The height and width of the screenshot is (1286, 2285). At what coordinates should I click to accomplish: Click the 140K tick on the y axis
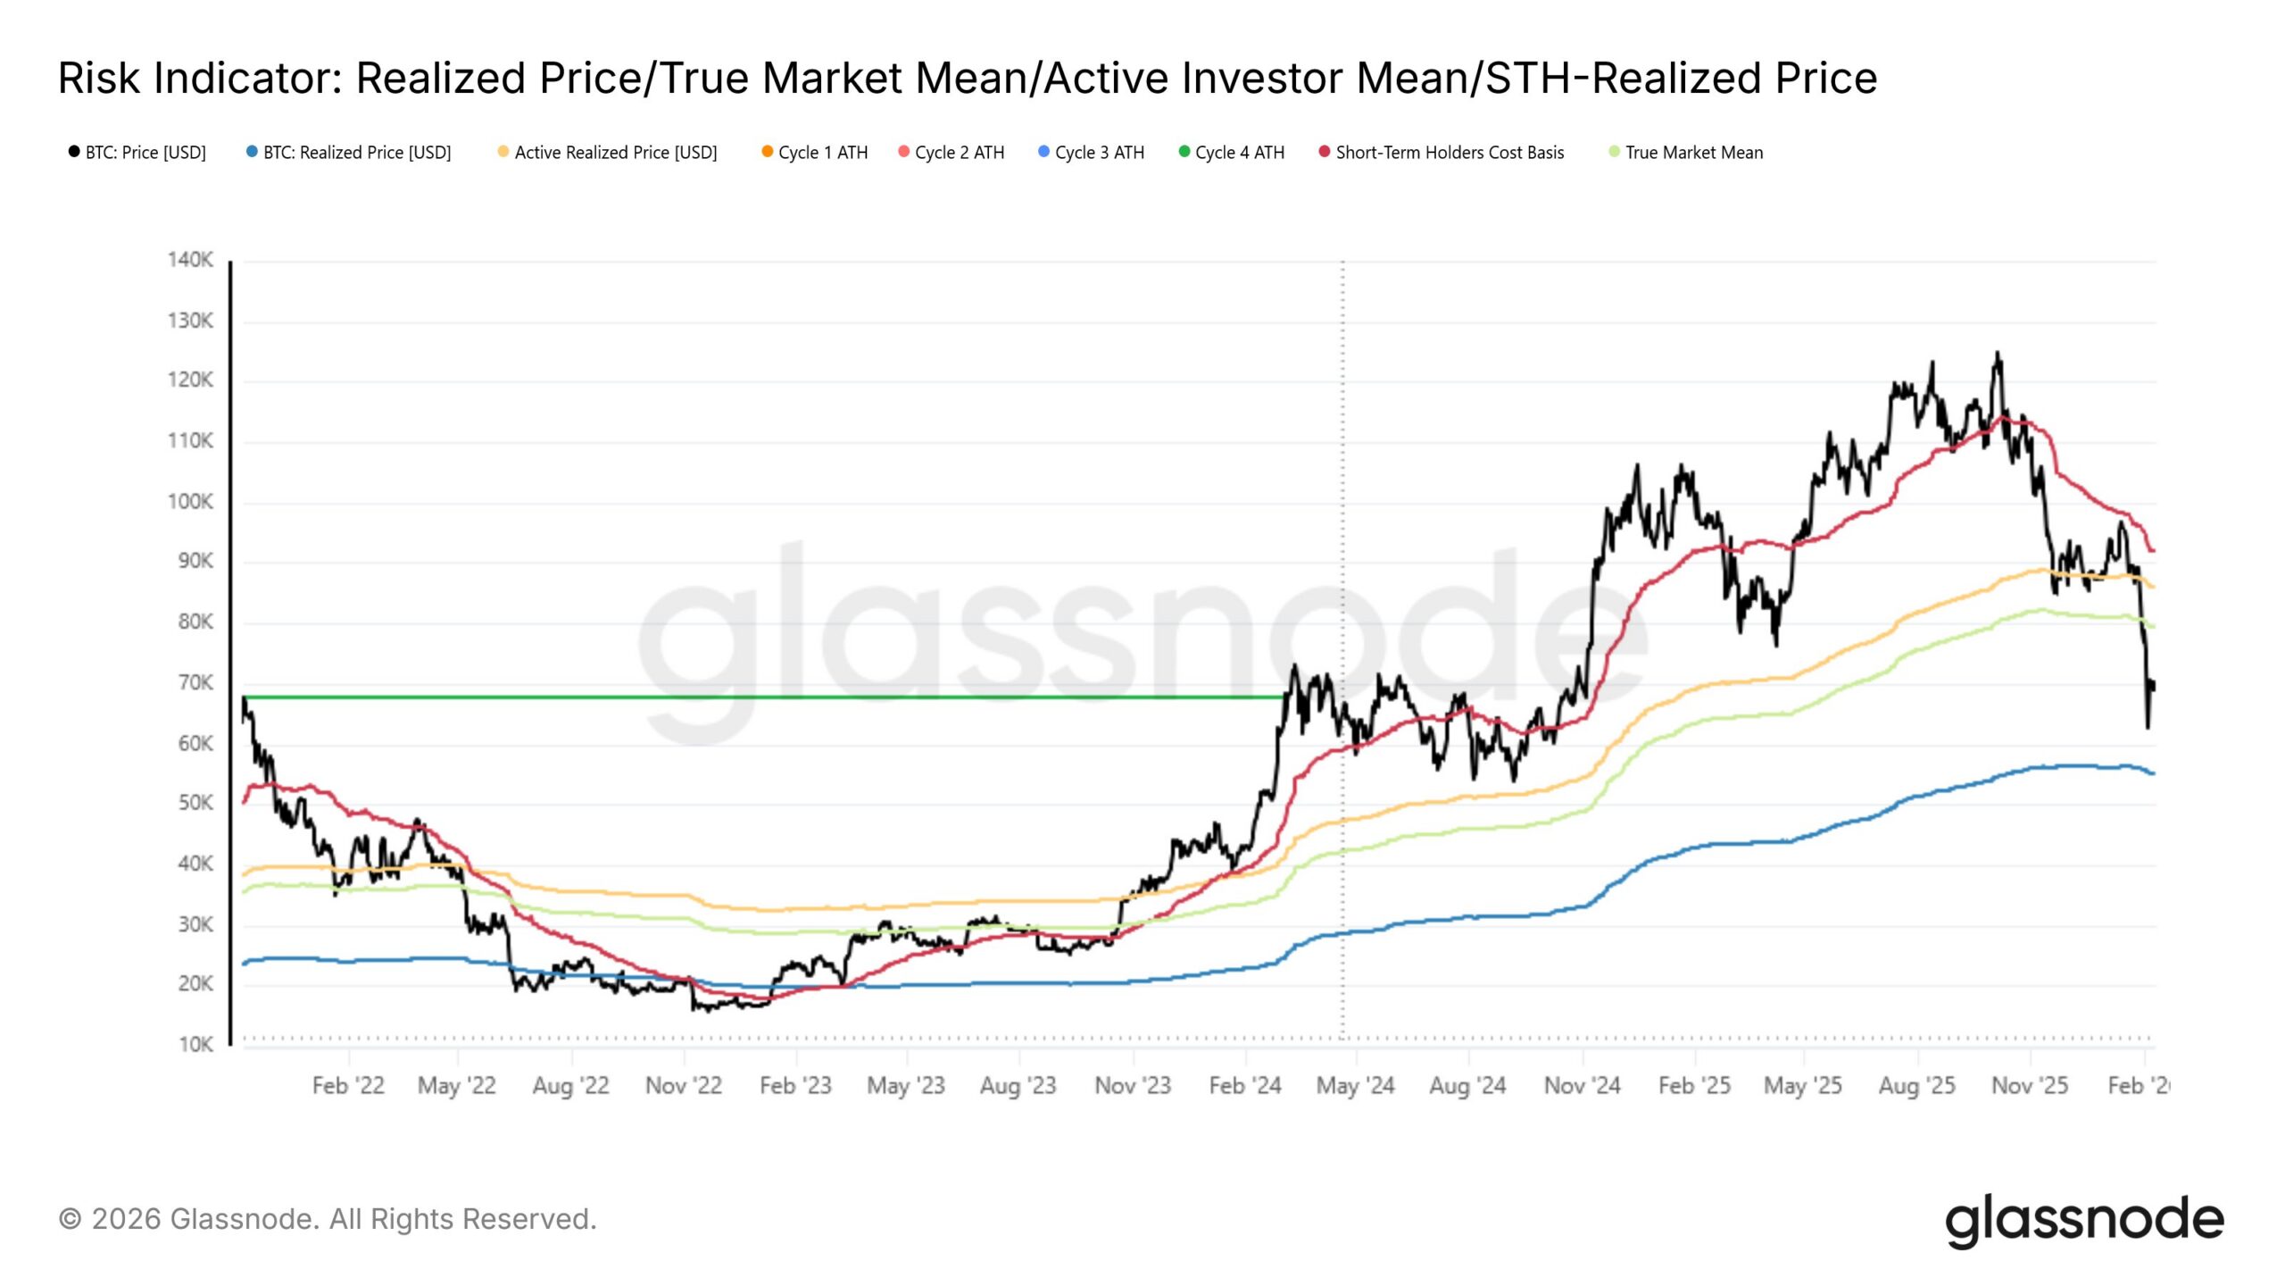pos(190,260)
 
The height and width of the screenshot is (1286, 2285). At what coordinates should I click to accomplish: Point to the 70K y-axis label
pos(195,683)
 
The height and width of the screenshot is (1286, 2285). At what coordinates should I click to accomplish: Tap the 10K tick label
pos(195,1045)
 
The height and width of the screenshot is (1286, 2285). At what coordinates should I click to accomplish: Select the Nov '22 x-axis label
pos(683,1086)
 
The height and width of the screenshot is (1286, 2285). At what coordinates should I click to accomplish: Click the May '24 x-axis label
pos(1355,1086)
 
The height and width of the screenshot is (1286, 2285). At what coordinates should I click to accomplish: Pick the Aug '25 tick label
pos(1916,1086)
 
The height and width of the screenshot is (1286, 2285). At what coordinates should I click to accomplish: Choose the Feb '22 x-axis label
pos(348,1086)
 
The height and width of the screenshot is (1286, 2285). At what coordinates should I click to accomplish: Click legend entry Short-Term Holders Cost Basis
pos(1449,153)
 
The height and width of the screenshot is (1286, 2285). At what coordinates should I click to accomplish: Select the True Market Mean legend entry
pos(1693,153)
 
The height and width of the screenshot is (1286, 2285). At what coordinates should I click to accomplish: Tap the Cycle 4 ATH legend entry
pos(1239,153)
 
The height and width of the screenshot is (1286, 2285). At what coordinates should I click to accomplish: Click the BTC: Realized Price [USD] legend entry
pos(356,153)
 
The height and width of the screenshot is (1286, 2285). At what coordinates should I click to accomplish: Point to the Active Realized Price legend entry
pos(615,153)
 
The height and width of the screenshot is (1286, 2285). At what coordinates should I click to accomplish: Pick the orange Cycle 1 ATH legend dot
pos(767,152)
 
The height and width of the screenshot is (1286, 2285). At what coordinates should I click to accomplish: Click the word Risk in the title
pos(99,79)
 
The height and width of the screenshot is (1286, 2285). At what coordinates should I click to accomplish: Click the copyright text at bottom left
pos(328,1219)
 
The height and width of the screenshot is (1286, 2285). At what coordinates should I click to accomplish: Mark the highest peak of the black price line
pos(1998,354)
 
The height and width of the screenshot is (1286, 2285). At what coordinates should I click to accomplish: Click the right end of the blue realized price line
pos(2153,773)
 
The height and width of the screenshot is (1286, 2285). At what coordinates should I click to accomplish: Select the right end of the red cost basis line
pos(2153,550)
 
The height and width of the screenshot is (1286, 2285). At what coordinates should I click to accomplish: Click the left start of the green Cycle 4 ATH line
pos(245,697)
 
